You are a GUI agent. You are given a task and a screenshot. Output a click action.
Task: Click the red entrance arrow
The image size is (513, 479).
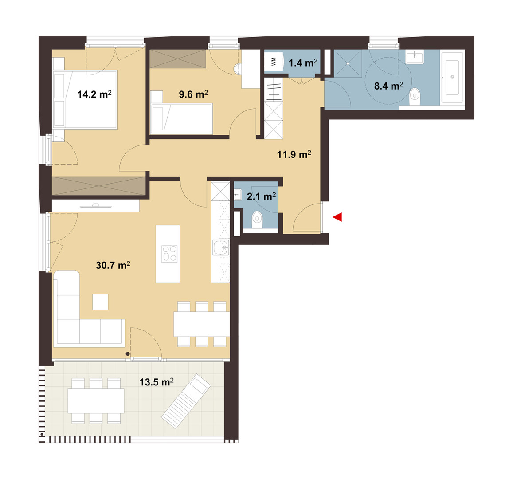(337, 217)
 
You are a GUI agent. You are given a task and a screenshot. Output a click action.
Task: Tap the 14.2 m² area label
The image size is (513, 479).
(94, 94)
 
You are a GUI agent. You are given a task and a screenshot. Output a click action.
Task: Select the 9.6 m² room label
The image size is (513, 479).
(193, 94)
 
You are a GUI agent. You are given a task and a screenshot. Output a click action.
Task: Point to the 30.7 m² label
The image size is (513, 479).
(113, 265)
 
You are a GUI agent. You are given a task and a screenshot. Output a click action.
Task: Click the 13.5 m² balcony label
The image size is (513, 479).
(157, 381)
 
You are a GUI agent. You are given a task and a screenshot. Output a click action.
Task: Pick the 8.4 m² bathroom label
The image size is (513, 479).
(388, 86)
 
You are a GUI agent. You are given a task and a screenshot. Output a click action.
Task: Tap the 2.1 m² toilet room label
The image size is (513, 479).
(261, 196)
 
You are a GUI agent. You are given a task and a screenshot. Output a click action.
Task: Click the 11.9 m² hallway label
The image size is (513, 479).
(294, 154)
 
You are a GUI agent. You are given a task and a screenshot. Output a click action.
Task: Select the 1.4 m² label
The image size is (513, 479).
(303, 63)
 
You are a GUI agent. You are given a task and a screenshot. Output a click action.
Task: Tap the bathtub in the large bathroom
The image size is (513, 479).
(452, 77)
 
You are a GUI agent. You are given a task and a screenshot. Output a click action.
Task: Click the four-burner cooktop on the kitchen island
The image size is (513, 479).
(169, 254)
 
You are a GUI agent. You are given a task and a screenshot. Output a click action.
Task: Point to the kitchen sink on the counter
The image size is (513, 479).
(221, 247)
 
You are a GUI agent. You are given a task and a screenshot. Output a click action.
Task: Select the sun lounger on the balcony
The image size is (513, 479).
(186, 401)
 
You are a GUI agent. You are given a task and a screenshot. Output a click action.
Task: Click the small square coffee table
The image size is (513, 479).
(100, 302)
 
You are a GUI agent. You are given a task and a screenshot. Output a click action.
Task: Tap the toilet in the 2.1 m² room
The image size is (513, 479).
(258, 219)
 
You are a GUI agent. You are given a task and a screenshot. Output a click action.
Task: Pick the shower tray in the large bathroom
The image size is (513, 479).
(348, 63)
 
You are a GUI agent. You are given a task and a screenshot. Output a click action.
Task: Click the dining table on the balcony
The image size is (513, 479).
(96, 400)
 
